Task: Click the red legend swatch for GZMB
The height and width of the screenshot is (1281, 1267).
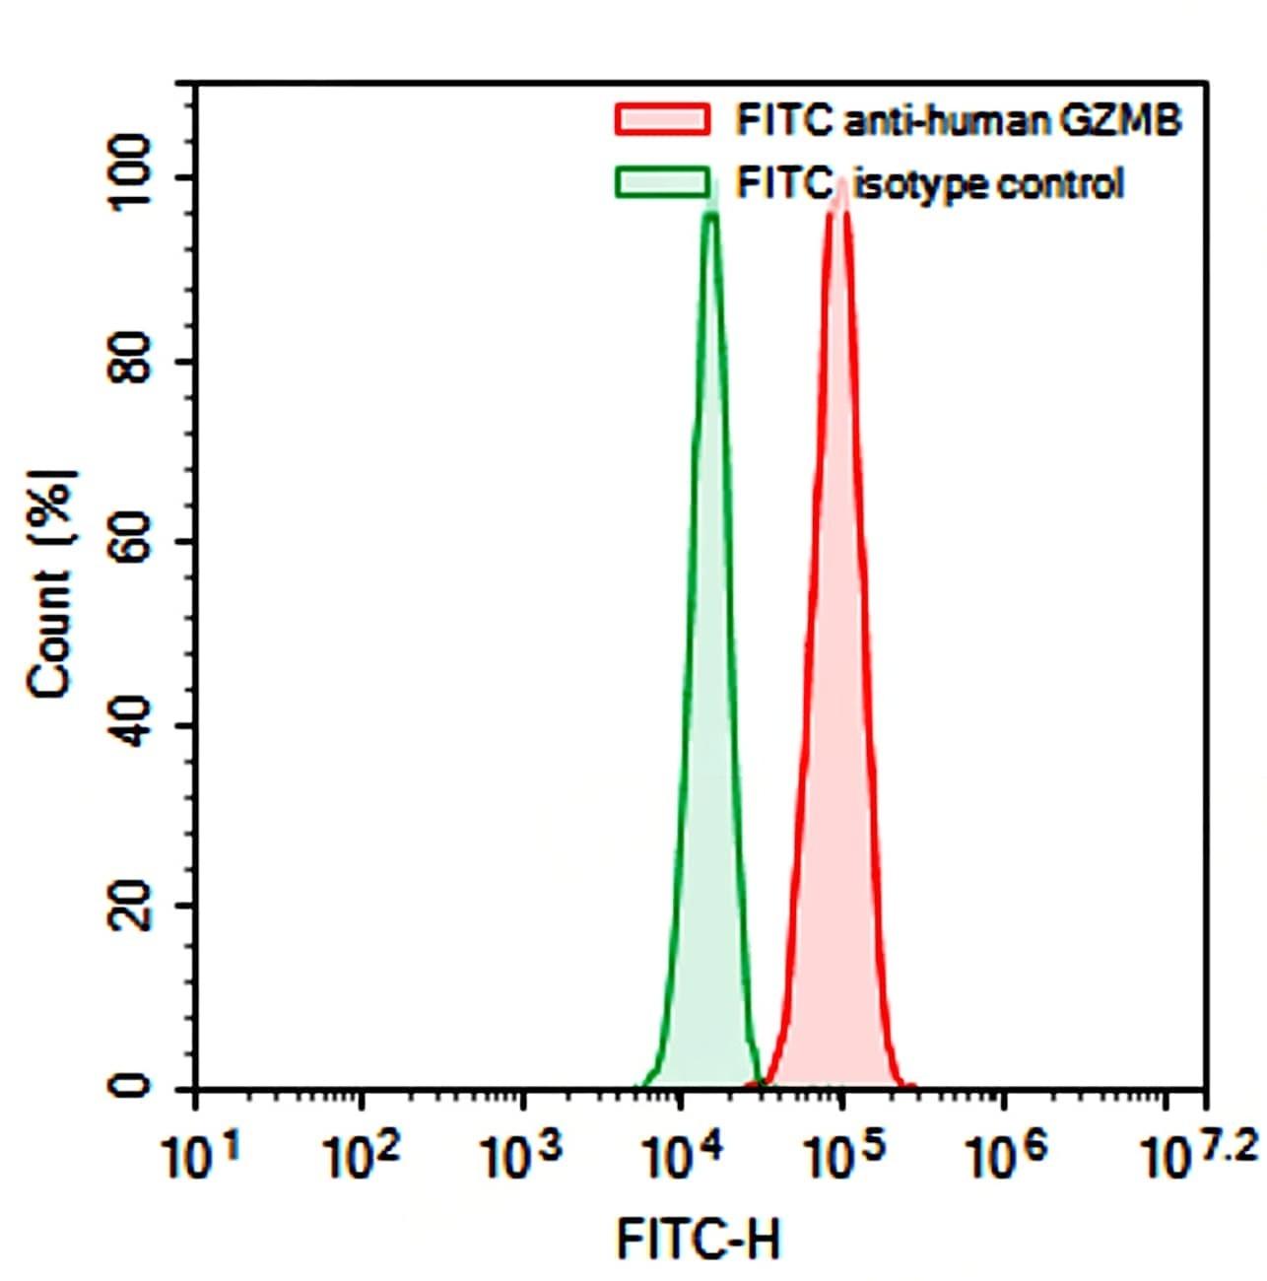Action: tap(662, 119)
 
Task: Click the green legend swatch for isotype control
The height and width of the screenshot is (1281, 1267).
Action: tap(662, 182)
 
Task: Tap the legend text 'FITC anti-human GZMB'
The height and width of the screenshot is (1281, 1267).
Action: tap(958, 120)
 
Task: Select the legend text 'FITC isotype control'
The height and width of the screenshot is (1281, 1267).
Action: tap(929, 183)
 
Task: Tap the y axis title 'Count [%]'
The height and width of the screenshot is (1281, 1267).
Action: tap(51, 583)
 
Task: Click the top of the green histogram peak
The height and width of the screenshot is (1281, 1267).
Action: tap(710, 212)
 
